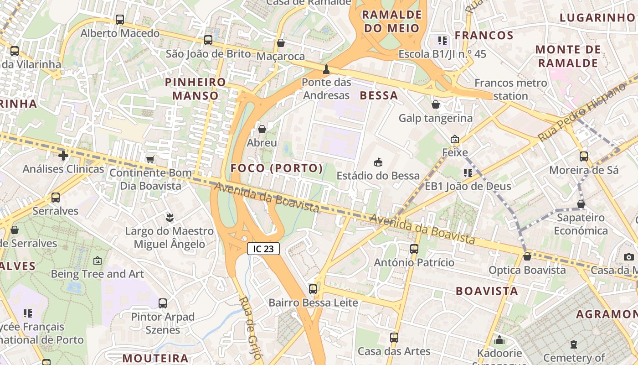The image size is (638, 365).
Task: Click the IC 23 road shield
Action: tap(263, 249)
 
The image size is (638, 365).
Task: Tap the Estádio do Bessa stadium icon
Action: tap(378, 162)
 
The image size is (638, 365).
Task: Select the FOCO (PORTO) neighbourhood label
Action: tap(277, 168)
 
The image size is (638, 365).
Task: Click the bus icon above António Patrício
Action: tap(414, 249)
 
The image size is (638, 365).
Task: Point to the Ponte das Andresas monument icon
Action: tap(326, 70)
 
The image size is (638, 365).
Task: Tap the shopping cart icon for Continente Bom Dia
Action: tap(150, 159)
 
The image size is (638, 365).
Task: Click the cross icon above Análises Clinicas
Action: tap(63, 156)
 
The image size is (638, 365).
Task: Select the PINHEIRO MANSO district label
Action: tap(196, 89)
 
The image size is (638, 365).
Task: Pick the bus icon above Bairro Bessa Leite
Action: tap(313, 289)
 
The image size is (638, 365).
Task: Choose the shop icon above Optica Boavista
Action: tap(527, 256)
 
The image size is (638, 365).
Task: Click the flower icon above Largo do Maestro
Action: tap(170, 218)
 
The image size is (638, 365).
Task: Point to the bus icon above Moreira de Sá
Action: tap(584, 156)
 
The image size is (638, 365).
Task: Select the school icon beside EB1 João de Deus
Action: tap(468, 172)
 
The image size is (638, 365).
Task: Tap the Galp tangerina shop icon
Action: tap(436, 104)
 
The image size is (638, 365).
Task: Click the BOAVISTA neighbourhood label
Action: tap(487, 291)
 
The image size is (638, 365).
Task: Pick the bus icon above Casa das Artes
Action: tap(394, 338)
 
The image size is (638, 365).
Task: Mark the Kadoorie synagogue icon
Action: tap(499, 340)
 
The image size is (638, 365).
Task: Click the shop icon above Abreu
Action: tap(262, 129)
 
